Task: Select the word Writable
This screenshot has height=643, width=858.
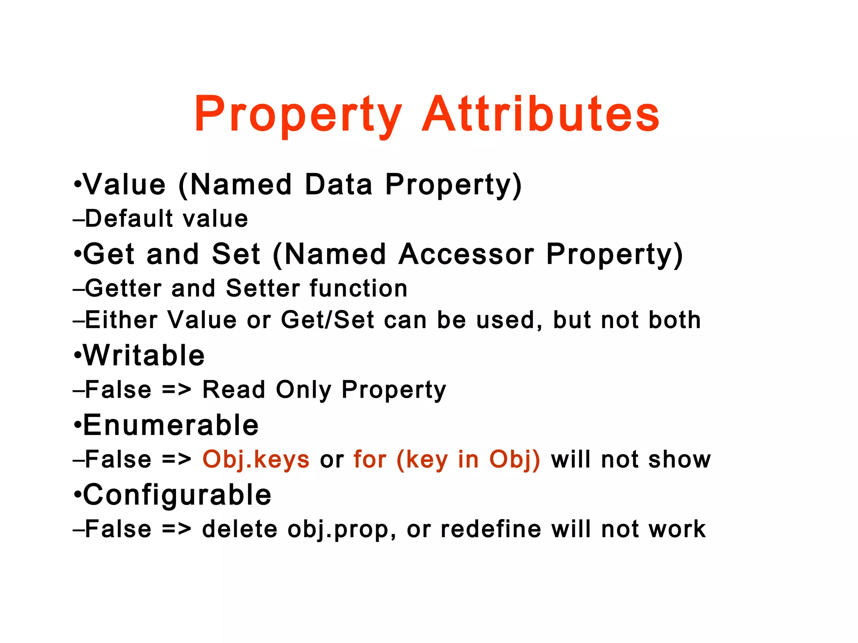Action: point(144,355)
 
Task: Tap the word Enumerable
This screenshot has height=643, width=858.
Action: point(171,425)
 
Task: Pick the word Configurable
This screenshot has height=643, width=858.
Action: point(177,495)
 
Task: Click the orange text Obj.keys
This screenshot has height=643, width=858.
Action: point(256,459)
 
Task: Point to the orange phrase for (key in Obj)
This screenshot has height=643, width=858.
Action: point(447,459)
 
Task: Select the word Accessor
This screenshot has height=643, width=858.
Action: point(466,254)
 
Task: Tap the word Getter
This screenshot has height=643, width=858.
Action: point(124,288)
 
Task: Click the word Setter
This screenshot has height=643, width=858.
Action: point(263,288)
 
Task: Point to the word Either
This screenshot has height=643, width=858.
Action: point(121,320)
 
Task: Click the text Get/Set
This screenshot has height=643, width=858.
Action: point(328,320)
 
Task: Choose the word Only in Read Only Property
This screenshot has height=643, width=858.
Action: point(303,390)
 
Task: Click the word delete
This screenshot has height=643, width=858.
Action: point(240,529)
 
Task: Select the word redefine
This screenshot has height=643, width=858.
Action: point(491,529)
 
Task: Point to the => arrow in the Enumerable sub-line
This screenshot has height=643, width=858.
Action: point(176,460)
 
